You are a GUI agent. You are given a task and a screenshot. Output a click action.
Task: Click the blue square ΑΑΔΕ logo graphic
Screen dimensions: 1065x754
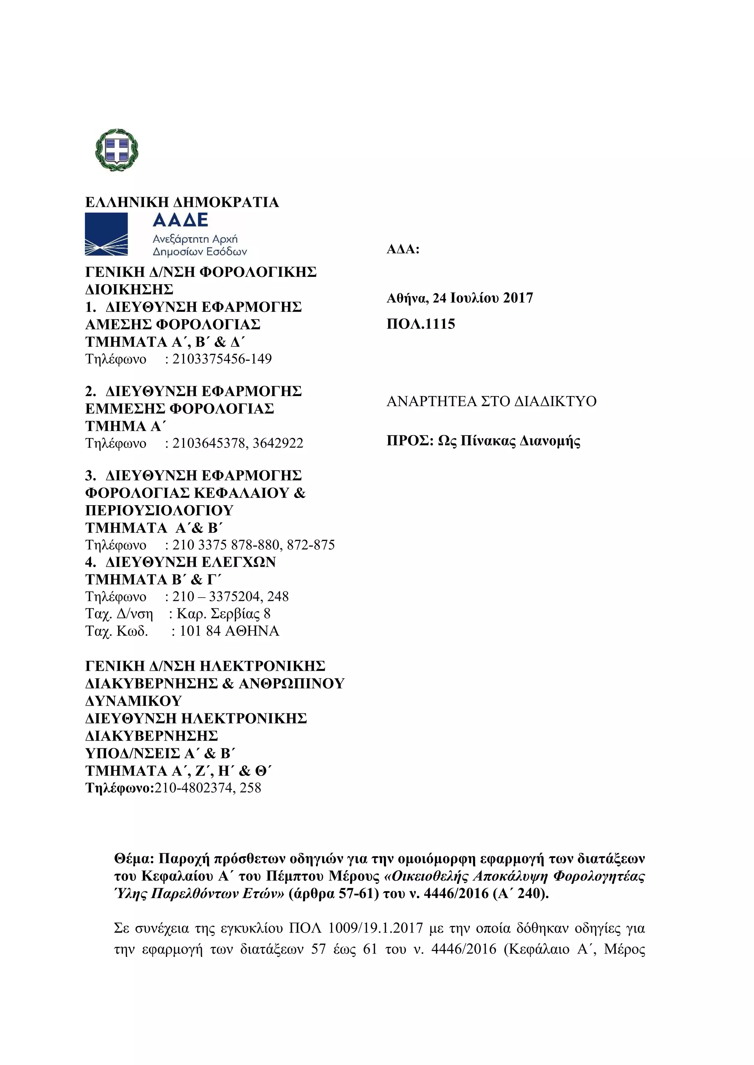click(x=106, y=234)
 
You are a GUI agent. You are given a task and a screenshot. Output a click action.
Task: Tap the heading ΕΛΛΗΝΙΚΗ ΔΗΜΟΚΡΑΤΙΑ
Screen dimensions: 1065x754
click(x=182, y=202)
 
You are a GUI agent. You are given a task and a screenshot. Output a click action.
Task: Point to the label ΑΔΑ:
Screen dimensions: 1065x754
click(x=402, y=250)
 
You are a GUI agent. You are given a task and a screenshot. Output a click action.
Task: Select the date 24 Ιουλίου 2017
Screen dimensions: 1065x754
click(x=483, y=298)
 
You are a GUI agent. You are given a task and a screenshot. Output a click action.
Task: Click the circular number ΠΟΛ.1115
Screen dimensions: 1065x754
click(x=421, y=324)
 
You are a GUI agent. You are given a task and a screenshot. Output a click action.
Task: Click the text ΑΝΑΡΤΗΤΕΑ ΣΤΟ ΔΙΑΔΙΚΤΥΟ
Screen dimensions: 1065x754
click(x=491, y=401)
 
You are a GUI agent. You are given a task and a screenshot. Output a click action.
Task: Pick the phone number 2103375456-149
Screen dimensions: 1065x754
click(x=222, y=359)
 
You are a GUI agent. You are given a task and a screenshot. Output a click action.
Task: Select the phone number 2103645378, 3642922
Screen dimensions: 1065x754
click(x=238, y=444)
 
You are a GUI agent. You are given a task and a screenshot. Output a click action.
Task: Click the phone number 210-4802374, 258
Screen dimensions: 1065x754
click(x=208, y=788)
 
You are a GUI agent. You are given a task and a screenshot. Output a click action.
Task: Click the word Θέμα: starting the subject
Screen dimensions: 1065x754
click(x=133, y=859)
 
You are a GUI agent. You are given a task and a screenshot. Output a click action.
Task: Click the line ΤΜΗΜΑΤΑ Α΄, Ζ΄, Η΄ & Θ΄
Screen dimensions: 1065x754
click(x=178, y=770)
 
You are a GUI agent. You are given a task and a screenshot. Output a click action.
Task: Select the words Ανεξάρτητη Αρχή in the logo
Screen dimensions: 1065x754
click(x=195, y=239)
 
